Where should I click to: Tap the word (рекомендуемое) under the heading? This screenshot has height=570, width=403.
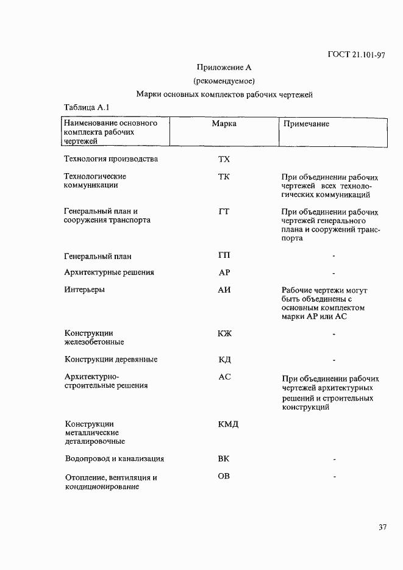click(x=224, y=81)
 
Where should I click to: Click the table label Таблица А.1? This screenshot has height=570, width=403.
click(x=86, y=107)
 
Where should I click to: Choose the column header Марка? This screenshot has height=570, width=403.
click(x=224, y=124)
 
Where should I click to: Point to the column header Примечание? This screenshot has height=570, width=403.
click(x=307, y=124)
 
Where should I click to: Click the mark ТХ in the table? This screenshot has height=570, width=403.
click(x=224, y=160)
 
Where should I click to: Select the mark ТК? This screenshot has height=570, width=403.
click(x=224, y=177)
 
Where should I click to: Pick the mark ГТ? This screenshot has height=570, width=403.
click(x=224, y=212)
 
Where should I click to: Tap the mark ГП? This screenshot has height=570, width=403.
click(x=224, y=255)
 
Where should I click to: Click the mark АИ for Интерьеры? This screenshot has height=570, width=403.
click(x=224, y=290)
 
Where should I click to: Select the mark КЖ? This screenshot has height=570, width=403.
click(x=224, y=333)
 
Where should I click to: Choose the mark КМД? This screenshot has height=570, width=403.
click(x=227, y=424)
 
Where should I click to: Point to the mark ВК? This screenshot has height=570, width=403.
click(x=224, y=459)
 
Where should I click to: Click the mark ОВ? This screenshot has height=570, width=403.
click(x=224, y=476)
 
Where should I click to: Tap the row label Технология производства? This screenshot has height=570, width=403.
click(x=111, y=160)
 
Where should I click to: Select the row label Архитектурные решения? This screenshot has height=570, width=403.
click(x=109, y=273)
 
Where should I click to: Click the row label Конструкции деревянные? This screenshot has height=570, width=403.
click(x=111, y=360)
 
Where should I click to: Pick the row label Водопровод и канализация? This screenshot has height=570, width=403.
click(x=115, y=459)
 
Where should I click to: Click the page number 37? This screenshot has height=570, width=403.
click(x=382, y=527)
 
